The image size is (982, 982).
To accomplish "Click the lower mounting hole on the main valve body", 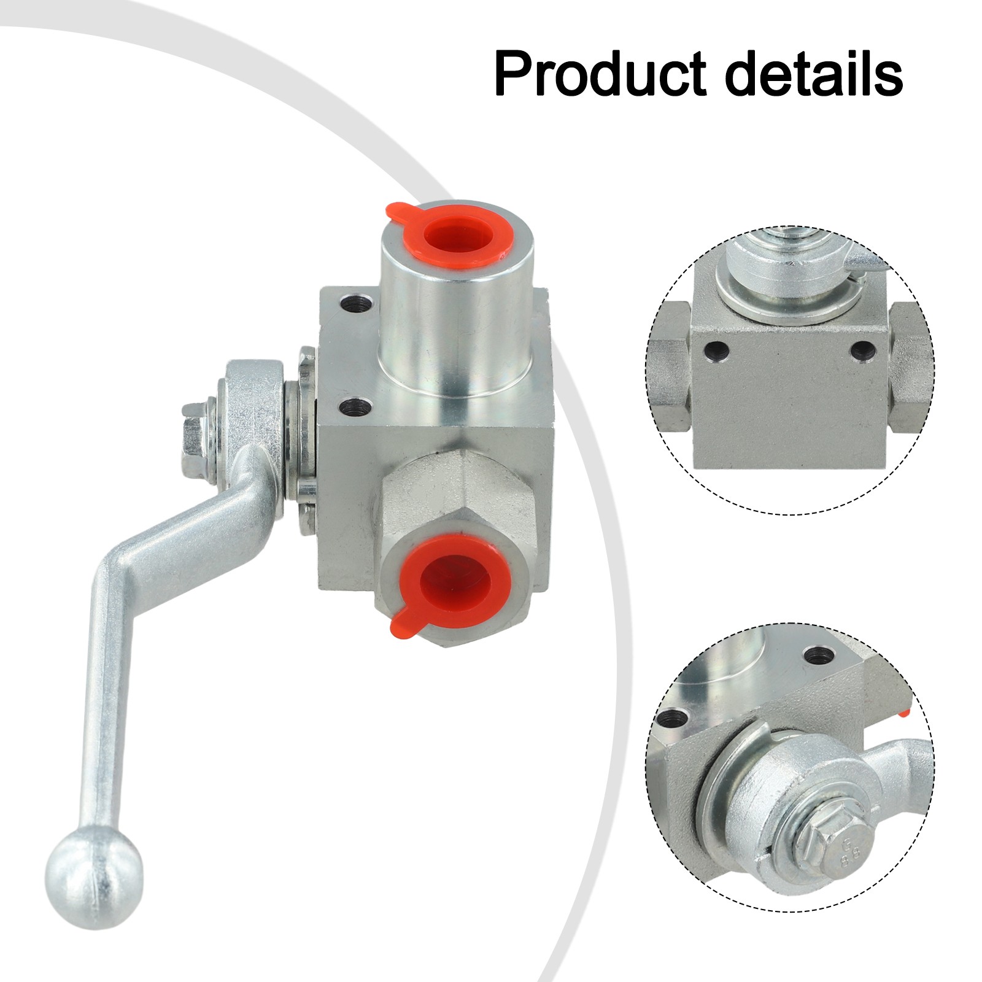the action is point(353,406).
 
